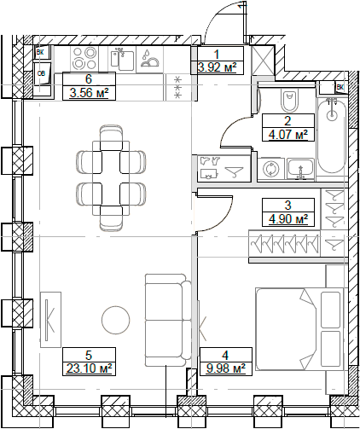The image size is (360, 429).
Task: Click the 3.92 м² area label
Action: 216,67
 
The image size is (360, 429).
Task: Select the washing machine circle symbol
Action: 271,168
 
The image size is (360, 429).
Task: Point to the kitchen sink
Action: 123,61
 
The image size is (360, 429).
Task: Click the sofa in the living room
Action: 165,320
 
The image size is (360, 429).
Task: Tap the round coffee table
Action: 114,321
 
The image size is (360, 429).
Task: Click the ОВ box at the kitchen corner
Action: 42,74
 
